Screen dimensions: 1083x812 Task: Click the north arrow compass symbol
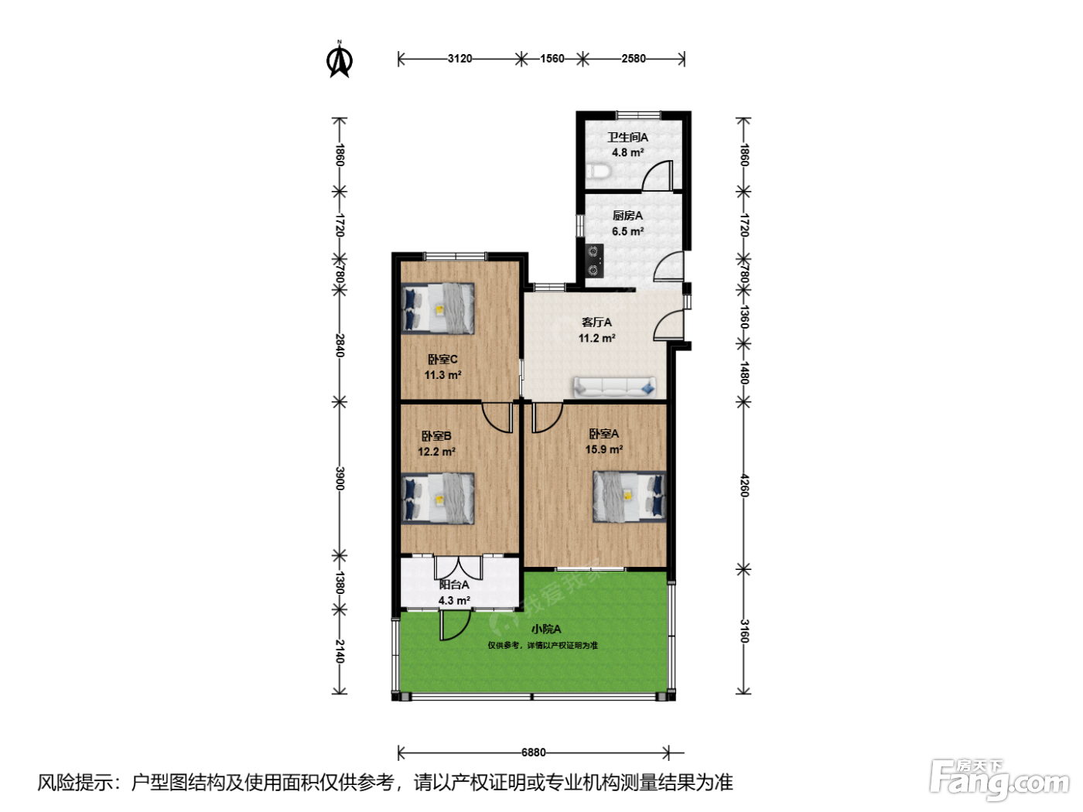point(340,60)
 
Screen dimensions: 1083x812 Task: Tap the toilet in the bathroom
point(599,172)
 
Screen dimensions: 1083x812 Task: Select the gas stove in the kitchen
point(594,261)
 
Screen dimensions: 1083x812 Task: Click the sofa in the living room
point(614,387)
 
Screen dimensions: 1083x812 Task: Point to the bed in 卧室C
point(438,308)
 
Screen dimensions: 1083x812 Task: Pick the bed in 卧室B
point(438,499)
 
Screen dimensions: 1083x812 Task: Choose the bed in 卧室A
point(630,496)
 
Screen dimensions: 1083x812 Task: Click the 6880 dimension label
point(533,752)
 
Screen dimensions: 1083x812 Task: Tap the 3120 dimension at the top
point(460,59)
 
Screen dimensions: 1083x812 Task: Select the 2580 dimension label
point(634,59)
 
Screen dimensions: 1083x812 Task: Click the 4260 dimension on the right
point(744,486)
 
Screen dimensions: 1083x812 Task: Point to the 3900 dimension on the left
point(340,478)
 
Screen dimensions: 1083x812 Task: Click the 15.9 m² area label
point(604,449)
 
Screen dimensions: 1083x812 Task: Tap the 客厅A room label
point(596,322)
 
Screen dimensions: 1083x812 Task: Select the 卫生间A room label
point(627,138)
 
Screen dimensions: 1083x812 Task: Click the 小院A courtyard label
point(546,629)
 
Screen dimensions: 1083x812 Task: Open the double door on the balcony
point(459,568)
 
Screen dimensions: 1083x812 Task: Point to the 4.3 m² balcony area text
point(454,601)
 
